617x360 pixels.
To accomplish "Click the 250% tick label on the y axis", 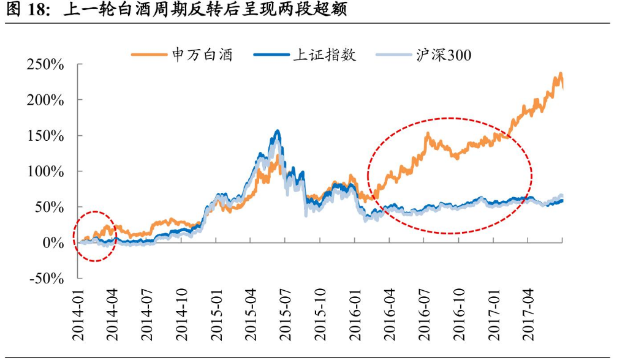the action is [x=45, y=64].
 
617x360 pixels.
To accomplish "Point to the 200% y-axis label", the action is [x=45, y=100].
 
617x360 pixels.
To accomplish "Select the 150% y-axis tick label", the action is [x=45, y=136].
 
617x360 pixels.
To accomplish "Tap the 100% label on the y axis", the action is [x=45, y=171].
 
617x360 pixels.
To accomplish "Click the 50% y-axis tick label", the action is [x=49, y=207].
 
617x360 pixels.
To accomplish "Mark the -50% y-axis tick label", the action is [x=47, y=279].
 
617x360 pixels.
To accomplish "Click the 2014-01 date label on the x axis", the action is [x=78, y=315].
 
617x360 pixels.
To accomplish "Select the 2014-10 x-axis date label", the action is [x=182, y=315].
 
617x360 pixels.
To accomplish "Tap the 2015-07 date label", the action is [x=286, y=315].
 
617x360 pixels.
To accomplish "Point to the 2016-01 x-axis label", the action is [x=355, y=315].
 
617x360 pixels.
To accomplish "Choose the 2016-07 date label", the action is [x=424, y=315].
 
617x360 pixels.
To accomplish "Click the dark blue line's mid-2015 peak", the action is [x=278, y=131].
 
